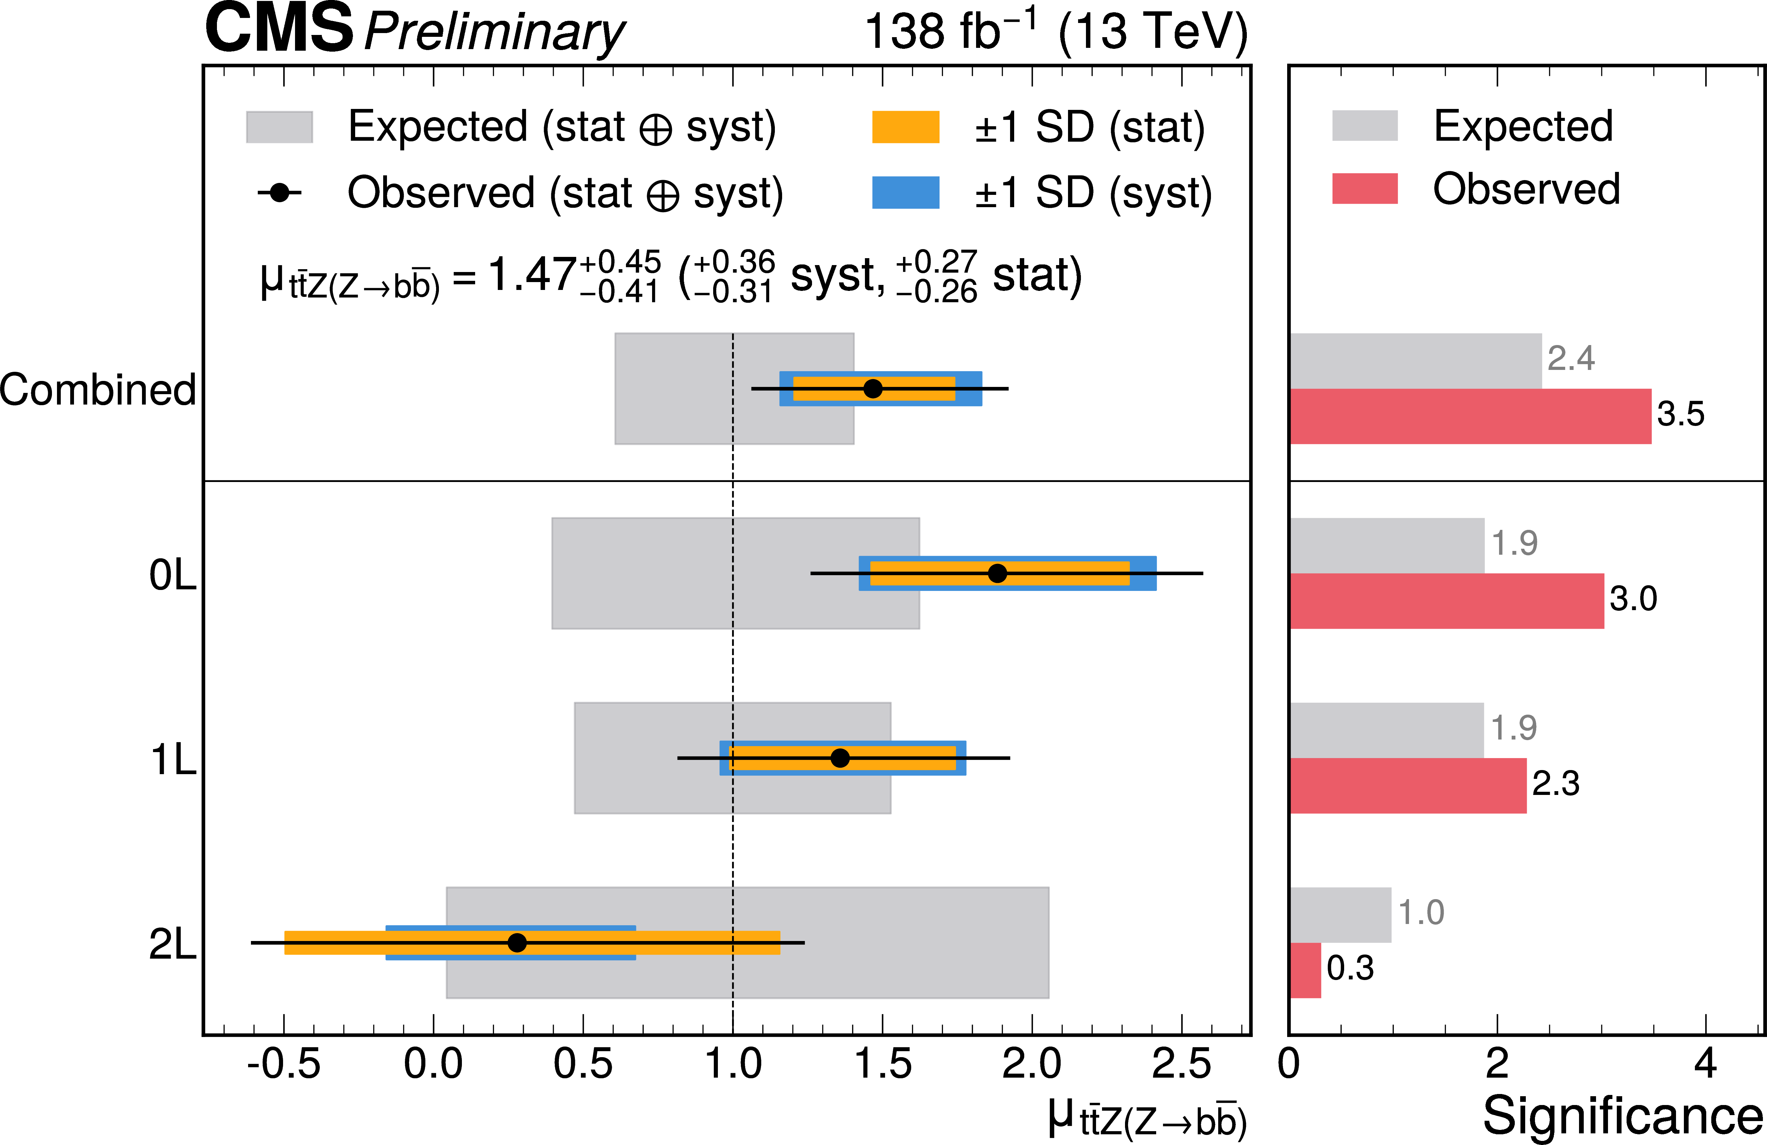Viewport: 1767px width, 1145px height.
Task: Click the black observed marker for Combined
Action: [x=873, y=388]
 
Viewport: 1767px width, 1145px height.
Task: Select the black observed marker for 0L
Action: [x=998, y=573]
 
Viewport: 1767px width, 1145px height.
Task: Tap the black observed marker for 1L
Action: [x=840, y=758]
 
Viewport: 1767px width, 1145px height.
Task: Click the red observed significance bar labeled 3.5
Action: [x=1470, y=417]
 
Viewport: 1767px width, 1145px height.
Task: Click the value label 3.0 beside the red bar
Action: [x=1633, y=598]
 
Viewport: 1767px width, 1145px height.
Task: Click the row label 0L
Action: [x=172, y=575]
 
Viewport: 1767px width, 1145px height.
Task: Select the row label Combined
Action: [x=98, y=390]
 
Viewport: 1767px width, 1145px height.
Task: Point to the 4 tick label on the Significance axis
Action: [x=1705, y=1064]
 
